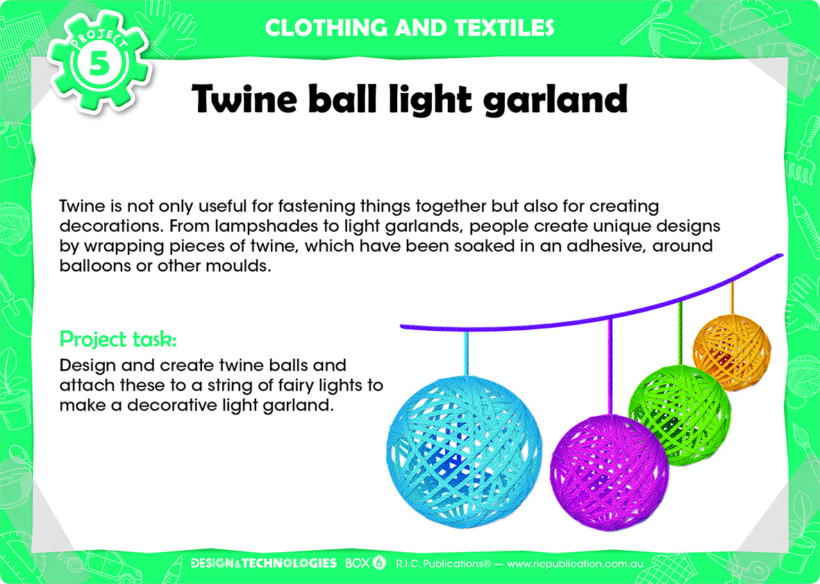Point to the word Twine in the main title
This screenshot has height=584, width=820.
tap(245, 98)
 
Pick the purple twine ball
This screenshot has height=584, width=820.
tap(610, 472)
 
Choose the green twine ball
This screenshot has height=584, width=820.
tap(679, 415)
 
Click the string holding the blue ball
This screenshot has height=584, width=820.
tap(466, 354)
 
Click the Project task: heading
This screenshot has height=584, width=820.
tap(118, 340)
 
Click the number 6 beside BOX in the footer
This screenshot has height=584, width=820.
tap(379, 563)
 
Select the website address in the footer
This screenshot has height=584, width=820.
tap(576, 564)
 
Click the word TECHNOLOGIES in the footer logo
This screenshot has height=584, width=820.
tap(290, 563)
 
